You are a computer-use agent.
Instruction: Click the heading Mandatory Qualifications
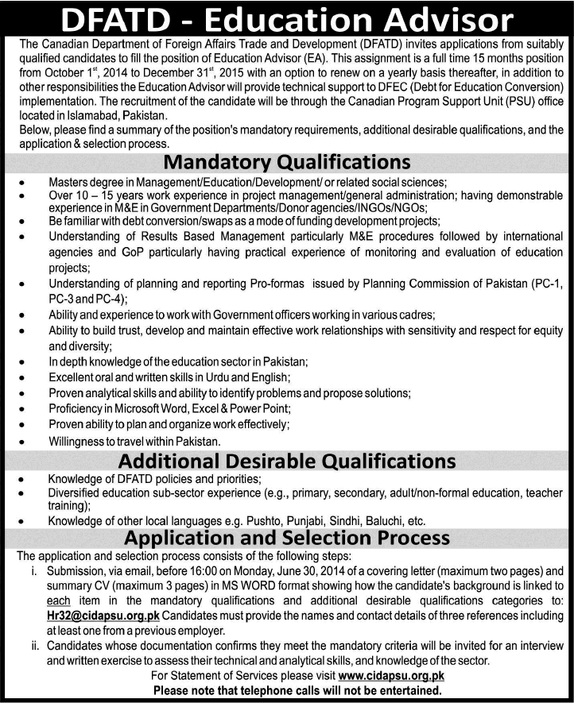tap(286, 163)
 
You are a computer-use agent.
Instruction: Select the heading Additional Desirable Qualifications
tap(286, 461)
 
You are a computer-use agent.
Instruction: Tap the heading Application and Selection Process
tap(286, 538)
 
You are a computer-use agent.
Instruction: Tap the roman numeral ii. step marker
tap(33, 646)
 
